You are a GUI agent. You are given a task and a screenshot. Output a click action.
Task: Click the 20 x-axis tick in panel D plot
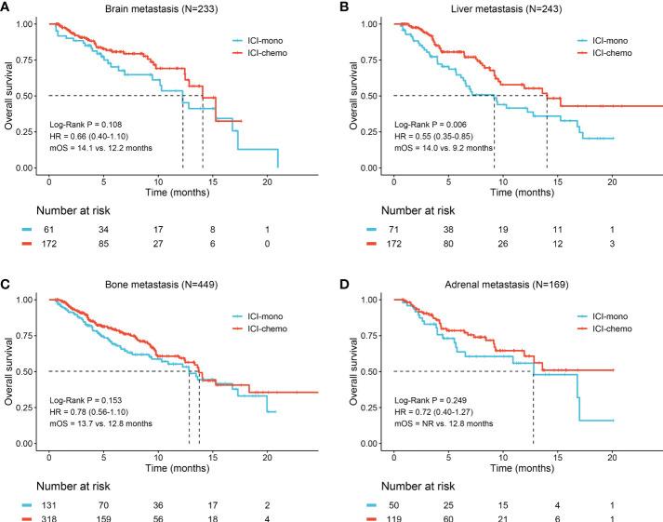(x=613, y=453)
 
